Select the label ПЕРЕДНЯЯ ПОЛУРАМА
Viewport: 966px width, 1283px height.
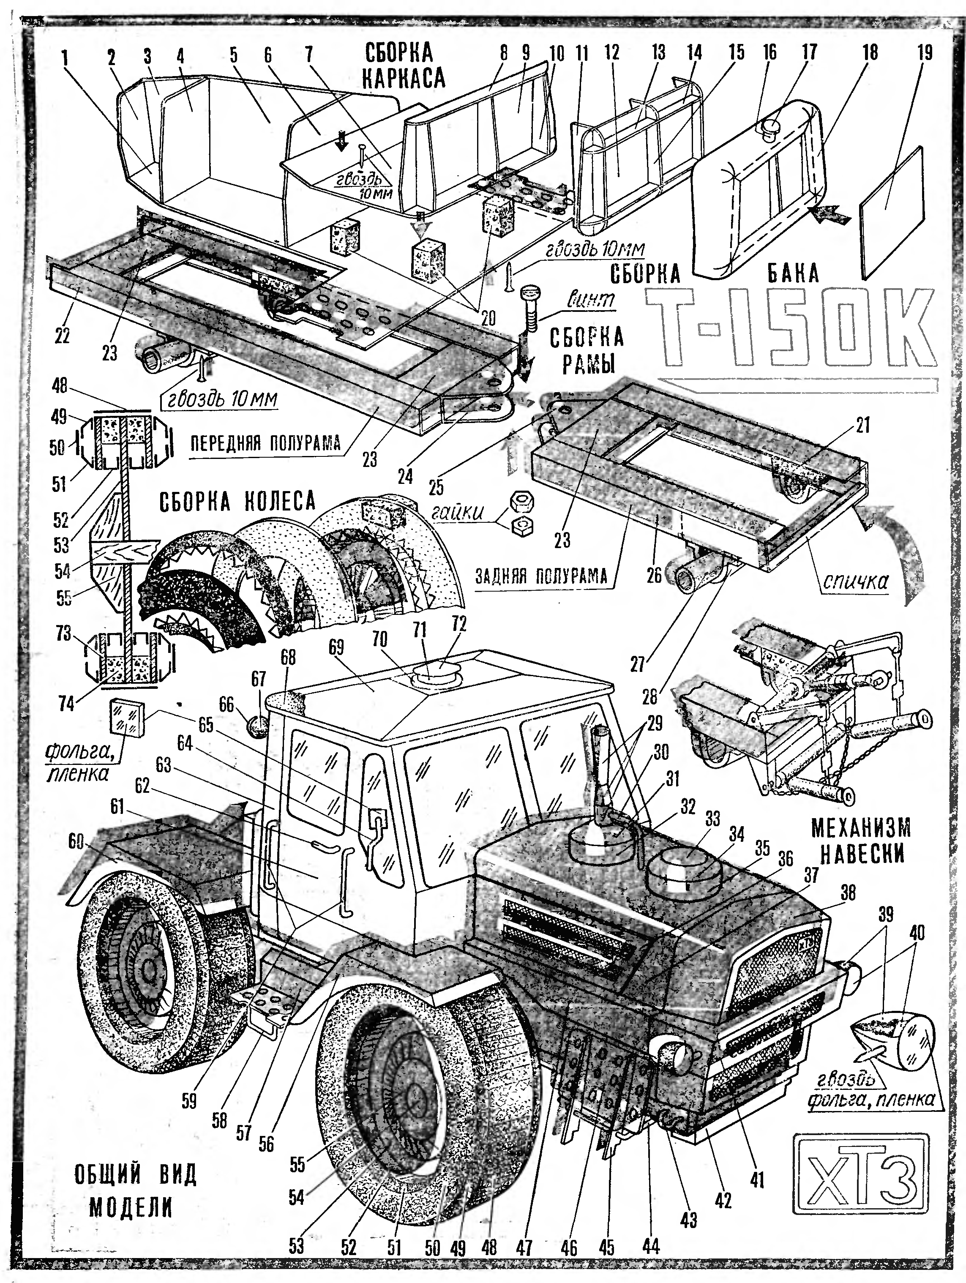265,443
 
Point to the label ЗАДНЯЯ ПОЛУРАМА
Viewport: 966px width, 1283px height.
541,576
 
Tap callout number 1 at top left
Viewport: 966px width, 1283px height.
65,57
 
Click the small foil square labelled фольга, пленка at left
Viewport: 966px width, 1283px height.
126,720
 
